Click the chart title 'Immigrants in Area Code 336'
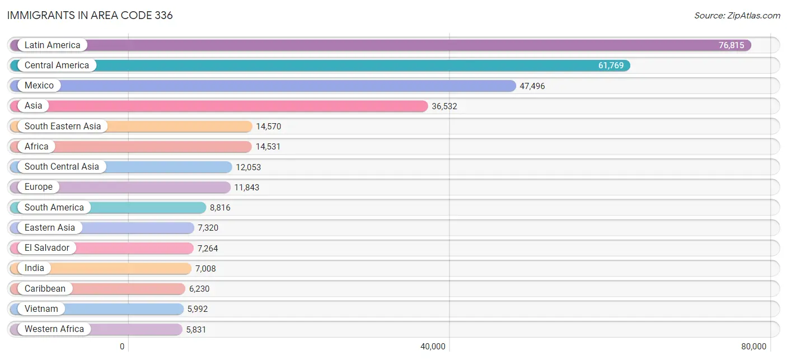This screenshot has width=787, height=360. coord(90,15)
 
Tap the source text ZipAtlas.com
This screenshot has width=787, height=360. coord(737,16)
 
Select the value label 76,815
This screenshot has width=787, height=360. coord(731,45)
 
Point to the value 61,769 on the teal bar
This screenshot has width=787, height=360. coord(611,66)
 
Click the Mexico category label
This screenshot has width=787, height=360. coord(39,86)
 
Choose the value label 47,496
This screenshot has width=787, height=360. coord(532,86)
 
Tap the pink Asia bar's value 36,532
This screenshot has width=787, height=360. coord(444,106)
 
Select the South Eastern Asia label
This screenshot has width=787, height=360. coord(63,126)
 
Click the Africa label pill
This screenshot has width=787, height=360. coord(36,146)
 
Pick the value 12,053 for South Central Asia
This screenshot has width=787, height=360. coord(249,167)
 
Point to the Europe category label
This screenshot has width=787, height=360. coord(39,186)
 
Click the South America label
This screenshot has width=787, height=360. coord(54,207)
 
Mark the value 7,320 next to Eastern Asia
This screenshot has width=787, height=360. coord(208,228)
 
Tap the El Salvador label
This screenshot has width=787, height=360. coord(46,248)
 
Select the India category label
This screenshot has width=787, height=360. coord(35,268)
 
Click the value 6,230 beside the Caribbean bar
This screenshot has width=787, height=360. coord(199,289)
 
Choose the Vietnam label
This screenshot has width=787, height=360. coord(41,308)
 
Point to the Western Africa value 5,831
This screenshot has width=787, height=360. coord(196,329)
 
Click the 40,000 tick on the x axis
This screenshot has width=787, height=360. coord(433,347)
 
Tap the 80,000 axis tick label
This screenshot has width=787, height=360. coord(753,347)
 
